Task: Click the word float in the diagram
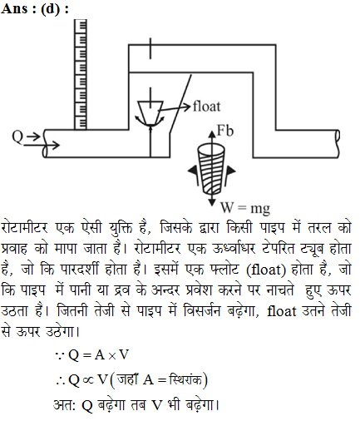coord(207,106)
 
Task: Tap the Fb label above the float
coord(225,131)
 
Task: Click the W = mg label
coord(245,208)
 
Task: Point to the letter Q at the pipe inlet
coord(17,137)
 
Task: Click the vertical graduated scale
coord(81,74)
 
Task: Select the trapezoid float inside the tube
coord(150,112)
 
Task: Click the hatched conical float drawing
coord(211,170)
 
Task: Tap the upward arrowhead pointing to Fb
coord(212,134)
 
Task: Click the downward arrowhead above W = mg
coord(212,202)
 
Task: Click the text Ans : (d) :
coord(35,8)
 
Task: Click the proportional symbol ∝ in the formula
coord(88,380)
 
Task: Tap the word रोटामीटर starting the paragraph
coord(24,228)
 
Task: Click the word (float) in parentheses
coord(266,270)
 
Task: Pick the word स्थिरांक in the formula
coord(185,379)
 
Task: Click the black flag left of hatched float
coord(194,172)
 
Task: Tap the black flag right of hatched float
coord(229,174)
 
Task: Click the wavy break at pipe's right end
coord(338,144)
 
